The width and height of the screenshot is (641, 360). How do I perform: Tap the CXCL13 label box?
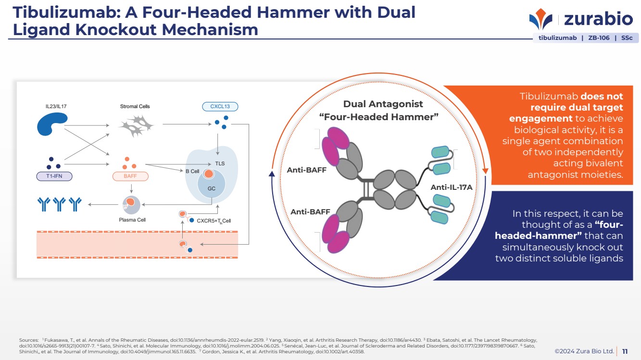(x=220, y=106)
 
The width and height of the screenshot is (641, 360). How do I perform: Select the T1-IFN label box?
(x=55, y=176)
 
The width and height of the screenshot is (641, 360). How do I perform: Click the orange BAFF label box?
(x=130, y=176)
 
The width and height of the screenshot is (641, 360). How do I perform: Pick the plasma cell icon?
(x=131, y=205)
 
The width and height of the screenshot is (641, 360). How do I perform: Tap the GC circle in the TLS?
(x=212, y=188)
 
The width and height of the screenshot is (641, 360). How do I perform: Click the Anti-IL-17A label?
(x=452, y=187)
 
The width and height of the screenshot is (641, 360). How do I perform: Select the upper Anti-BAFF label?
(x=306, y=170)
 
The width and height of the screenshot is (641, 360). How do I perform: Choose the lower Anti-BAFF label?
(x=310, y=211)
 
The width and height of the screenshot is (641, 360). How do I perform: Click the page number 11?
(x=625, y=351)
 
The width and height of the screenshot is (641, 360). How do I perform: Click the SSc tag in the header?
(x=627, y=38)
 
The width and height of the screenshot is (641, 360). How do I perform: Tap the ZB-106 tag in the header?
(x=599, y=38)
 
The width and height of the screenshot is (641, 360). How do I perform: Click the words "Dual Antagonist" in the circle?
(x=383, y=104)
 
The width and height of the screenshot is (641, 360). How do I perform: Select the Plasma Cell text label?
(x=132, y=220)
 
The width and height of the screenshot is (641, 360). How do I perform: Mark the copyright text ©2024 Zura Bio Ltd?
(x=584, y=351)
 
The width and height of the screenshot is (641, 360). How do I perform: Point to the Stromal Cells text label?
(x=135, y=106)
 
